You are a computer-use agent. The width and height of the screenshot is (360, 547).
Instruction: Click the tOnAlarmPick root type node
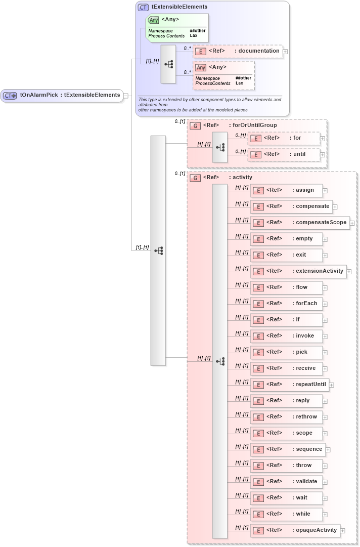62,95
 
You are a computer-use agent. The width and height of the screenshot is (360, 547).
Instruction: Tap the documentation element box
238,51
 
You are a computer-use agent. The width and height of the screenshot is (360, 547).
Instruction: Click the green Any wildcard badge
153,20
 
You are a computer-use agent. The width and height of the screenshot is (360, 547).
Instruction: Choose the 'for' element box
283,138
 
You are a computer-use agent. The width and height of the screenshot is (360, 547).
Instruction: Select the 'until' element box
283,154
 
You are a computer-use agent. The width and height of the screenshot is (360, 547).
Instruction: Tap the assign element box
286,190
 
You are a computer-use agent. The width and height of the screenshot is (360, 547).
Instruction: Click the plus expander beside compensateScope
352,223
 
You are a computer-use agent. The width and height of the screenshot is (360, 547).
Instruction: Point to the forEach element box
286,304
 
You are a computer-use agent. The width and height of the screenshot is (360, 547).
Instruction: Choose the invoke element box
286,336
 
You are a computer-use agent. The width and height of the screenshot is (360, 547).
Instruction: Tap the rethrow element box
286,417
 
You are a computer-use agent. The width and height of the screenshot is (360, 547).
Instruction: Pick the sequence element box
287,449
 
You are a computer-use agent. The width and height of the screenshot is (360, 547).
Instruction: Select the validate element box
286,482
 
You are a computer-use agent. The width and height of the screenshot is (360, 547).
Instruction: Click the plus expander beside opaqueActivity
343,531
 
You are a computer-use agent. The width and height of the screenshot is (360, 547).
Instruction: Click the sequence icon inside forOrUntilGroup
220,147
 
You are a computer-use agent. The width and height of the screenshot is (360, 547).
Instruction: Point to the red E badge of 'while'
258,514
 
